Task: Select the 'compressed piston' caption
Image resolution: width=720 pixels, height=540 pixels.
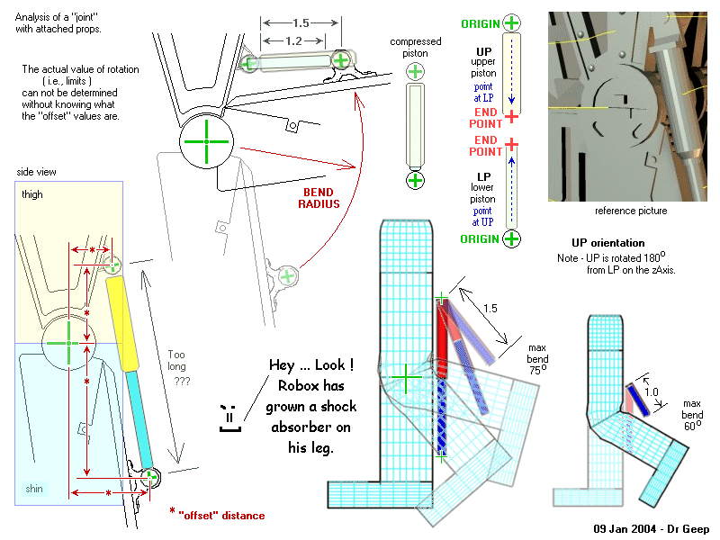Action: coord(415,49)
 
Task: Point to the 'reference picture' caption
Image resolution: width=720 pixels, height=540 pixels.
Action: coord(631,211)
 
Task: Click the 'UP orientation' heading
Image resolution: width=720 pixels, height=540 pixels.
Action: coord(607,243)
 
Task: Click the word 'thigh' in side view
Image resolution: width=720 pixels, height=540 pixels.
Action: coord(32,194)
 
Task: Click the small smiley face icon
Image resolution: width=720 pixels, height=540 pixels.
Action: coord(228,417)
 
